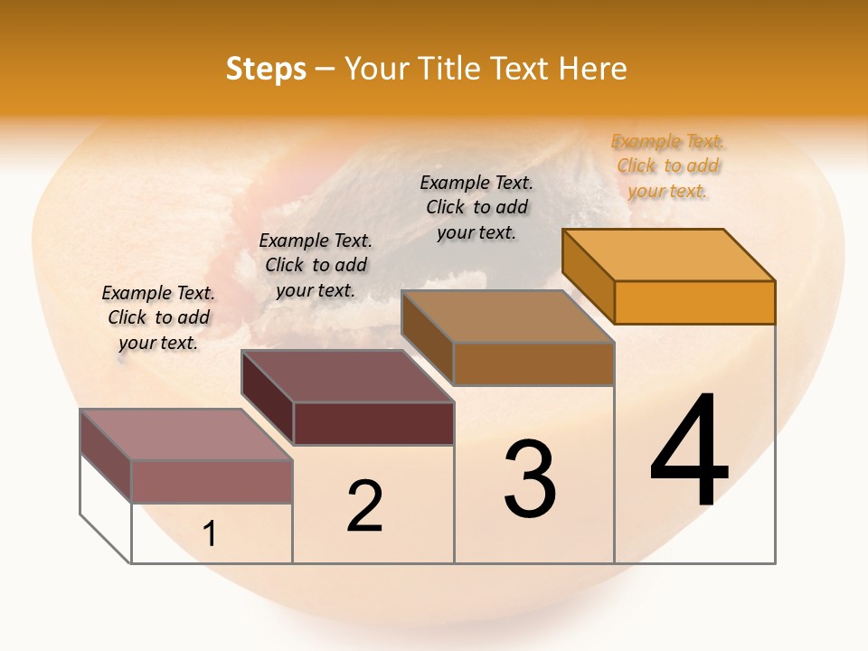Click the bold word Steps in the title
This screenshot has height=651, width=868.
pos(266,69)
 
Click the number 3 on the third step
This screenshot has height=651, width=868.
pos(530,479)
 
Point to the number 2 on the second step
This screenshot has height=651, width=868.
pos(364,506)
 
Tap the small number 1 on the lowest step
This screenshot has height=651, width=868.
pos(210,534)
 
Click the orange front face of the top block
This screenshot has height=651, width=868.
pos(694,302)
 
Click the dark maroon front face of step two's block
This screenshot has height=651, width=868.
pos(373,423)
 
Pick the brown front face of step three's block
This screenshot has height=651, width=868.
pos(533,363)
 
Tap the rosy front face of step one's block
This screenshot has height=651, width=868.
pos(212,481)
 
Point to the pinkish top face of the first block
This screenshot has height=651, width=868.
pos(186,434)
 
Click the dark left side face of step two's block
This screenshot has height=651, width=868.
pos(268,398)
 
